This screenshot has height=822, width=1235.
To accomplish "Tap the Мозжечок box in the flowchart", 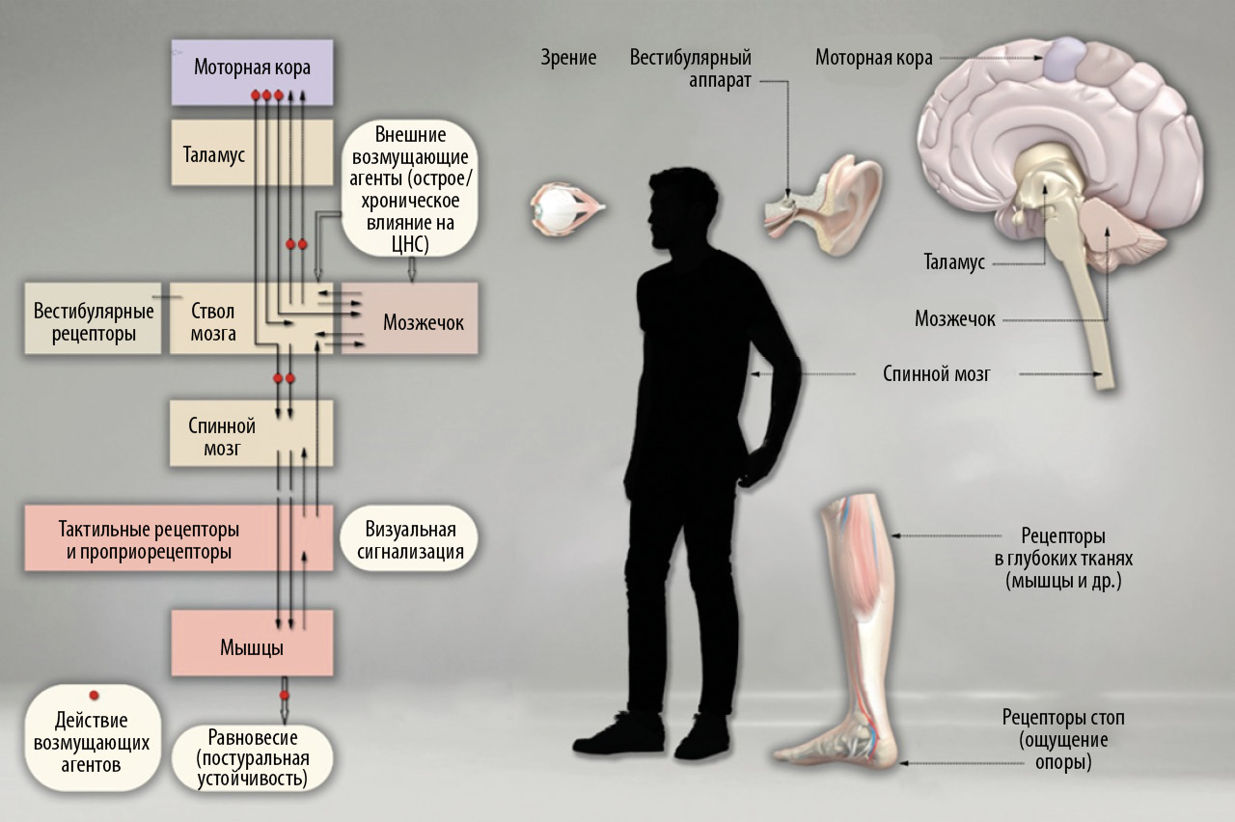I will pos(423,321).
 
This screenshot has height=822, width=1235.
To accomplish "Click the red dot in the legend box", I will pos(94,695).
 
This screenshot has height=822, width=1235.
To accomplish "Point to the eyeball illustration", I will pos(564,210).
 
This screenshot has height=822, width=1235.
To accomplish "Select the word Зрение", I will pos(568,58).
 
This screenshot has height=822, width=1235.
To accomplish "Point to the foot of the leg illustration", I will pos(839,743).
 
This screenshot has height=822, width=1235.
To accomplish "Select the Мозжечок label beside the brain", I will pos(954,317).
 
